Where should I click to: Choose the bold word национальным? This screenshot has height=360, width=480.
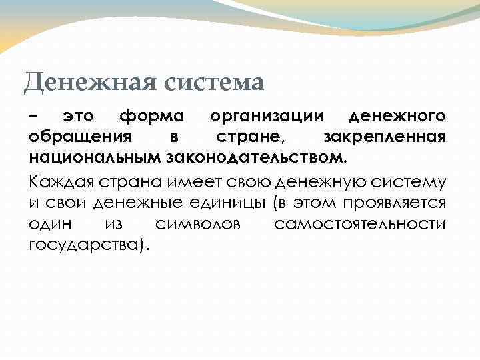coord(94,159)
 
